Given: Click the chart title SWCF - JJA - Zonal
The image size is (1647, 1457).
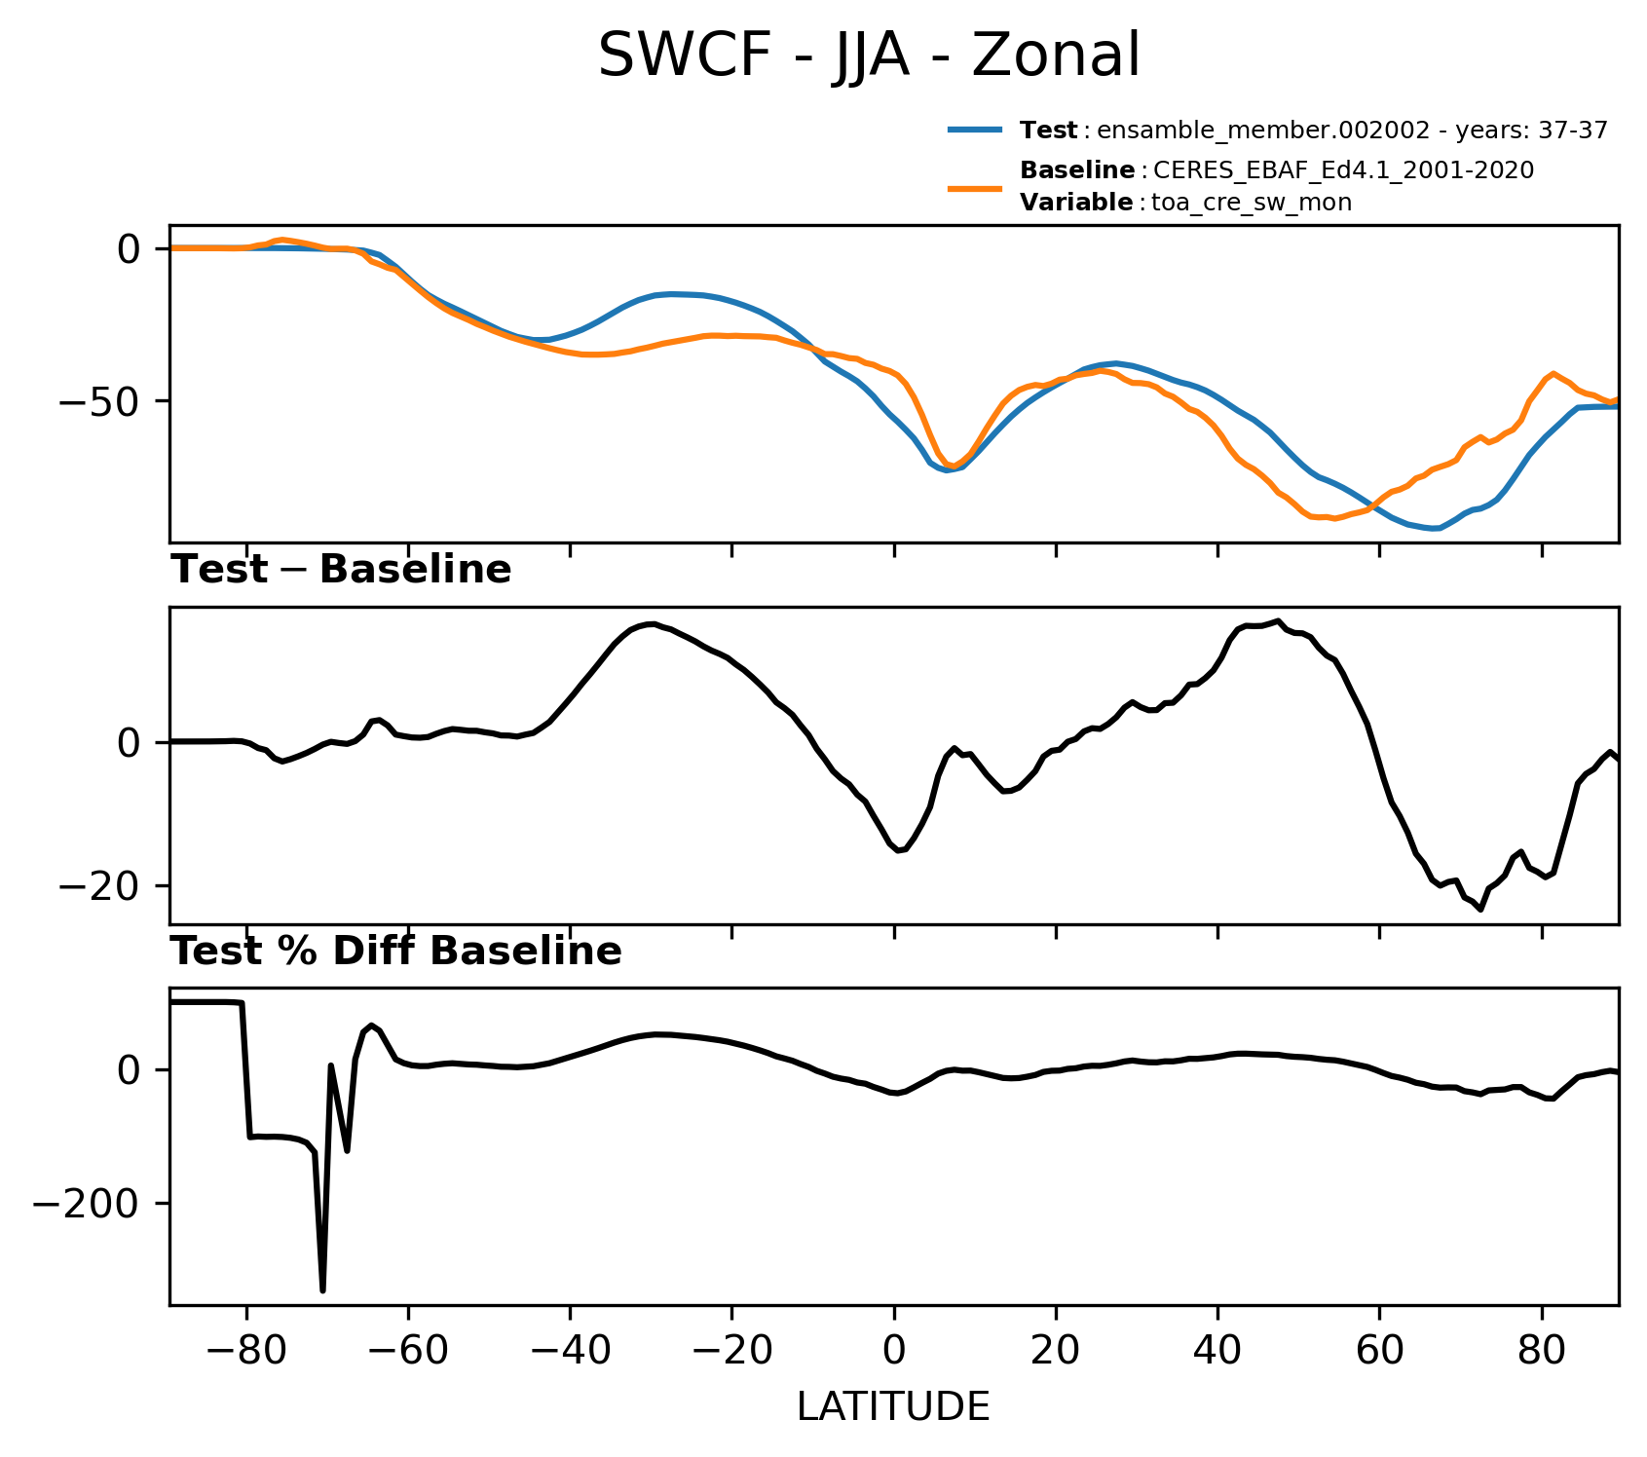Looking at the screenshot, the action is [868, 56].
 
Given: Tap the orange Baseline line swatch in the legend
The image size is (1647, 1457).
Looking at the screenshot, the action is [975, 187].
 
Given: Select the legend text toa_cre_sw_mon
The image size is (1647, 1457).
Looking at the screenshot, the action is [1251, 203].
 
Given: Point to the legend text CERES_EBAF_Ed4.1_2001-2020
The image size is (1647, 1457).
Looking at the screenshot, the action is [1343, 170].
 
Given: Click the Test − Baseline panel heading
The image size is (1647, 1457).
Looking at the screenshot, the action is [341, 570].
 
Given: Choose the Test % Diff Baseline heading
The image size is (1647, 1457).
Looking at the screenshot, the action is [396, 952].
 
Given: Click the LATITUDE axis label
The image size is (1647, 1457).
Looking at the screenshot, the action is [893, 1407].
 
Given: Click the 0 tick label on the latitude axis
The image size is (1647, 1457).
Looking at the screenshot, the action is [893, 1352].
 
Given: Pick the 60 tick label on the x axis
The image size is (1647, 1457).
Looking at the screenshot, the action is [1379, 1352].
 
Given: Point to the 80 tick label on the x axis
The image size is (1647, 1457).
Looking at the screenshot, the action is [1541, 1352].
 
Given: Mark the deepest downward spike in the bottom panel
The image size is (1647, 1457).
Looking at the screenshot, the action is [322, 1290].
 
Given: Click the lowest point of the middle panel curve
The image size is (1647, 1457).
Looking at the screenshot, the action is [1480, 909].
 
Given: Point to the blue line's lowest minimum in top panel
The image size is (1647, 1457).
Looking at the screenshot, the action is [1436, 529].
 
